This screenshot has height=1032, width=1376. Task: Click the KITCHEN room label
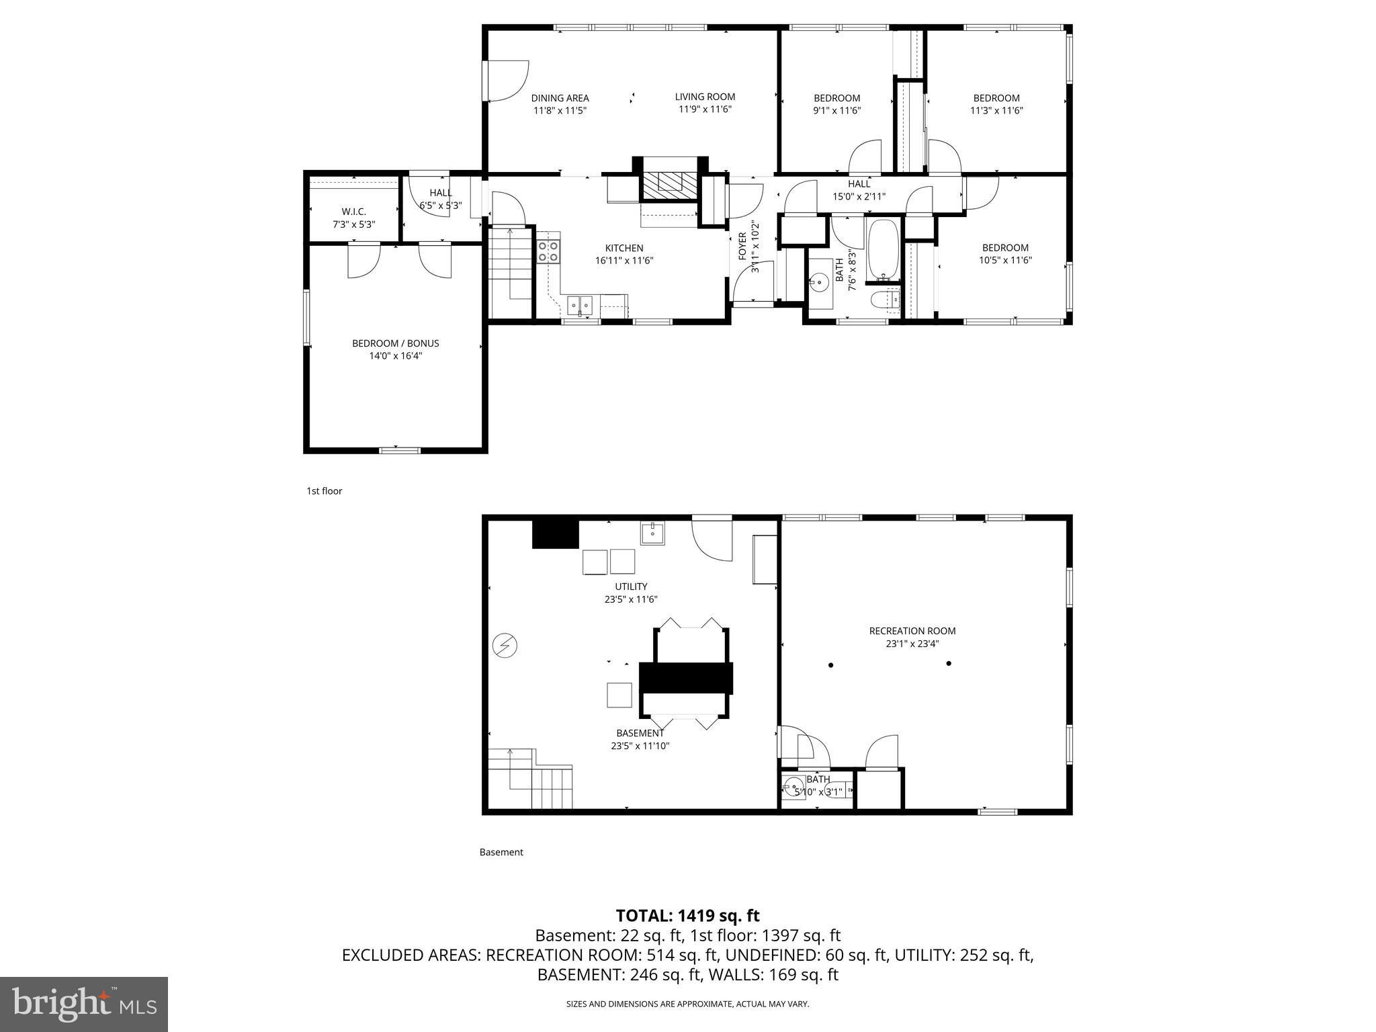tap(623, 248)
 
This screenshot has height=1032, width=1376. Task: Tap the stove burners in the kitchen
tap(548, 251)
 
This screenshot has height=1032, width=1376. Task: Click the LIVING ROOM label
tap(705, 97)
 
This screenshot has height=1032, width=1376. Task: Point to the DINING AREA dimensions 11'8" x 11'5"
tap(560, 111)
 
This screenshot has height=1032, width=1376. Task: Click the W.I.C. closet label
tap(353, 212)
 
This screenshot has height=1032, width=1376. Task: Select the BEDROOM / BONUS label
tap(395, 343)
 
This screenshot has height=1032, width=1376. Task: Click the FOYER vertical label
tap(742, 246)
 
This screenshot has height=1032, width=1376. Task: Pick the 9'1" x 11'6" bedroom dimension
tap(836, 111)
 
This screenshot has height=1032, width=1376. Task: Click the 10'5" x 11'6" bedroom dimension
tap(1005, 260)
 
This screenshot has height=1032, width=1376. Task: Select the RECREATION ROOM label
tap(912, 631)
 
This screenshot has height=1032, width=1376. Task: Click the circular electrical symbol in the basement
tap(504, 646)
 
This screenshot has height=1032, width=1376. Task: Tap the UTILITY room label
tap(631, 587)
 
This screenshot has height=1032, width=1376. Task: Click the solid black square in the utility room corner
tap(556, 534)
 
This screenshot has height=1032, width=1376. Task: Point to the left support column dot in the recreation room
tap(831, 665)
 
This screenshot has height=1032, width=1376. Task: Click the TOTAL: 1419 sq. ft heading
tap(687, 916)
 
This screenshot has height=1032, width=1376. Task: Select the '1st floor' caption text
tap(325, 491)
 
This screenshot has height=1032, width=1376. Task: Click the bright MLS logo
tap(84, 1004)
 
